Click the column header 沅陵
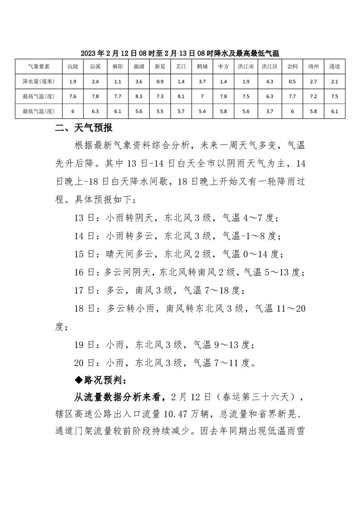click(73, 66)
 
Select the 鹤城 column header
click(202, 66)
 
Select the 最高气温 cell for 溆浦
click(139, 96)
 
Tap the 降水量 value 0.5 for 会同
click(292, 81)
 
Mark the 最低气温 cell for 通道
click(335, 111)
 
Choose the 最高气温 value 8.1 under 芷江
click(181, 96)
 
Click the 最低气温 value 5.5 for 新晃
click(160, 111)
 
